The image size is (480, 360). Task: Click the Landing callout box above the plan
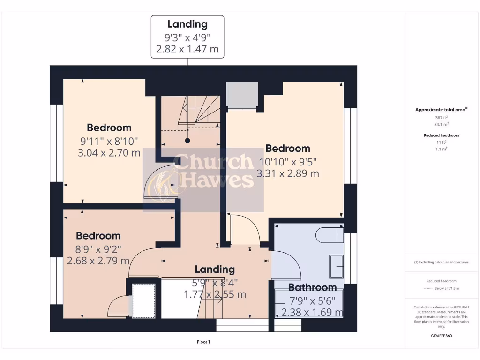coord(187,37)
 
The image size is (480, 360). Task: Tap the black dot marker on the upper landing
coord(187,140)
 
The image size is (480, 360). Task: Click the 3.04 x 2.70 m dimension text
coord(109,152)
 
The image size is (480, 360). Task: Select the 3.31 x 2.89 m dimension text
coord(288,173)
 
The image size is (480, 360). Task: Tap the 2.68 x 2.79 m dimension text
coord(98,261)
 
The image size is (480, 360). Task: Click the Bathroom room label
coord(312,287)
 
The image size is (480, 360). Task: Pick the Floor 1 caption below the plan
coord(203,342)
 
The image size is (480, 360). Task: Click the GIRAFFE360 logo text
coord(441,336)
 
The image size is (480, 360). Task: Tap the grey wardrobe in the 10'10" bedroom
coord(242,95)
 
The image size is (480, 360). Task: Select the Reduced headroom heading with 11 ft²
coord(441,135)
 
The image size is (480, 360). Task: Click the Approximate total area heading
coord(441,110)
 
